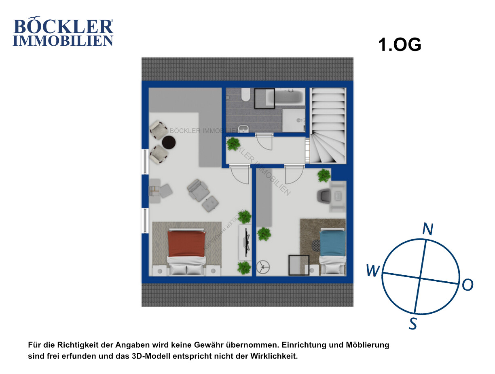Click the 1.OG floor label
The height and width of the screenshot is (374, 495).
(400, 45)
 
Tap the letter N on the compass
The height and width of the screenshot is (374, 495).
(427, 229)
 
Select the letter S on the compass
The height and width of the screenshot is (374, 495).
(412, 323)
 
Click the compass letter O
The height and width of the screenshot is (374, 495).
(467, 285)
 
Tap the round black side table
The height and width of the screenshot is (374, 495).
(169, 142)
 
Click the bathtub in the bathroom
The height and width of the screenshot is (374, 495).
(285, 97)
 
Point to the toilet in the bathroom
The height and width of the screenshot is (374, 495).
(245, 95)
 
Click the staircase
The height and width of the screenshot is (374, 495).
(328, 125)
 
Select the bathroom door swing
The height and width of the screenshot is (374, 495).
(264, 142)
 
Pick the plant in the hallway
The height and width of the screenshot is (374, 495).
(233, 144)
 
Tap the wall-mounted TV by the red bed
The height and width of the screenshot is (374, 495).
(247, 242)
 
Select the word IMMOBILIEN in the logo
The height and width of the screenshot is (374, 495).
(63, 40)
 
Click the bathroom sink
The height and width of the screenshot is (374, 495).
(243, 128)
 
